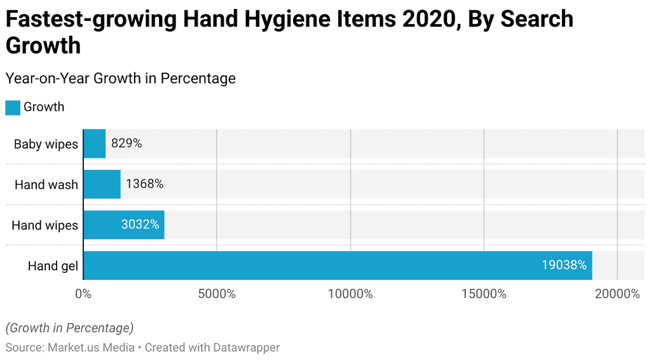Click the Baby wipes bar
[94, 144]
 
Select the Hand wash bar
[102, 184]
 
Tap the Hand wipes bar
[124, 225]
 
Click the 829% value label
[127, 144]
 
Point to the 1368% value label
[144, 184]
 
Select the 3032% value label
[140, 225]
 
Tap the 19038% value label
[563, 265]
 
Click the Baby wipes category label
[46, 144]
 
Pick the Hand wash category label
[46, 185]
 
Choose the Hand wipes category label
[45, 226]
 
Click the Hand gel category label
[53, 266]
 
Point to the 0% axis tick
[83, 294]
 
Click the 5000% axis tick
[217, 294]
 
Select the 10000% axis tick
[350, 294]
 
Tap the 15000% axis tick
[484, 294]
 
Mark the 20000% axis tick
[617, 294]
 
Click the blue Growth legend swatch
[13, 107]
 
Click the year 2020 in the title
[427, 20]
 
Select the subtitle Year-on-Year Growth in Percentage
[120, 78]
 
